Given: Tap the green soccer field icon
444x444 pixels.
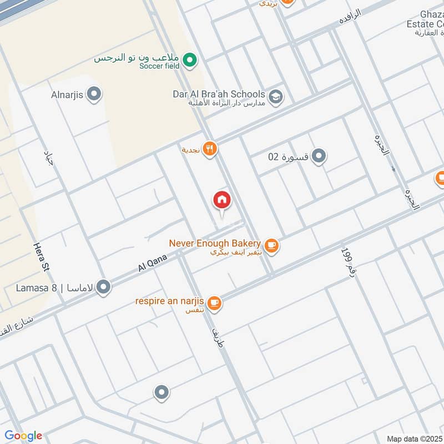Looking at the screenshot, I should click(x=190, y=59).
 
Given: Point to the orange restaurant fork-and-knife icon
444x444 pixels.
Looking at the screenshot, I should click(x=209, y=149).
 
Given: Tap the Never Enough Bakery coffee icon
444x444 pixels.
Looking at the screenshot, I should click(x=271, y=245).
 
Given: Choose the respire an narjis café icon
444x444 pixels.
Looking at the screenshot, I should click(x=215, y=303).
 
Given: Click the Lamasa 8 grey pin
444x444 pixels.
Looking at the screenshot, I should click(x=103, y=287).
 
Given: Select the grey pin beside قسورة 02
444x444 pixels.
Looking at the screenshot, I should click(x=319, y=157).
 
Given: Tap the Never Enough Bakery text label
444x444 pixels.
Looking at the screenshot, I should click(x=215, y=243).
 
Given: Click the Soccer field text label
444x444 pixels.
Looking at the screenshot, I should click(x=159, y=66).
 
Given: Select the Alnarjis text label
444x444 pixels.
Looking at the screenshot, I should click(x=67, y=94).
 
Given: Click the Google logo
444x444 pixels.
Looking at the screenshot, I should click(x=23, y=436).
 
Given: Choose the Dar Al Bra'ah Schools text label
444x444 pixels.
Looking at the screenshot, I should click(x=219, y=94).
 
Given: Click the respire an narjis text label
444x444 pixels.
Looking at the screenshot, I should click(x=170, y=301).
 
